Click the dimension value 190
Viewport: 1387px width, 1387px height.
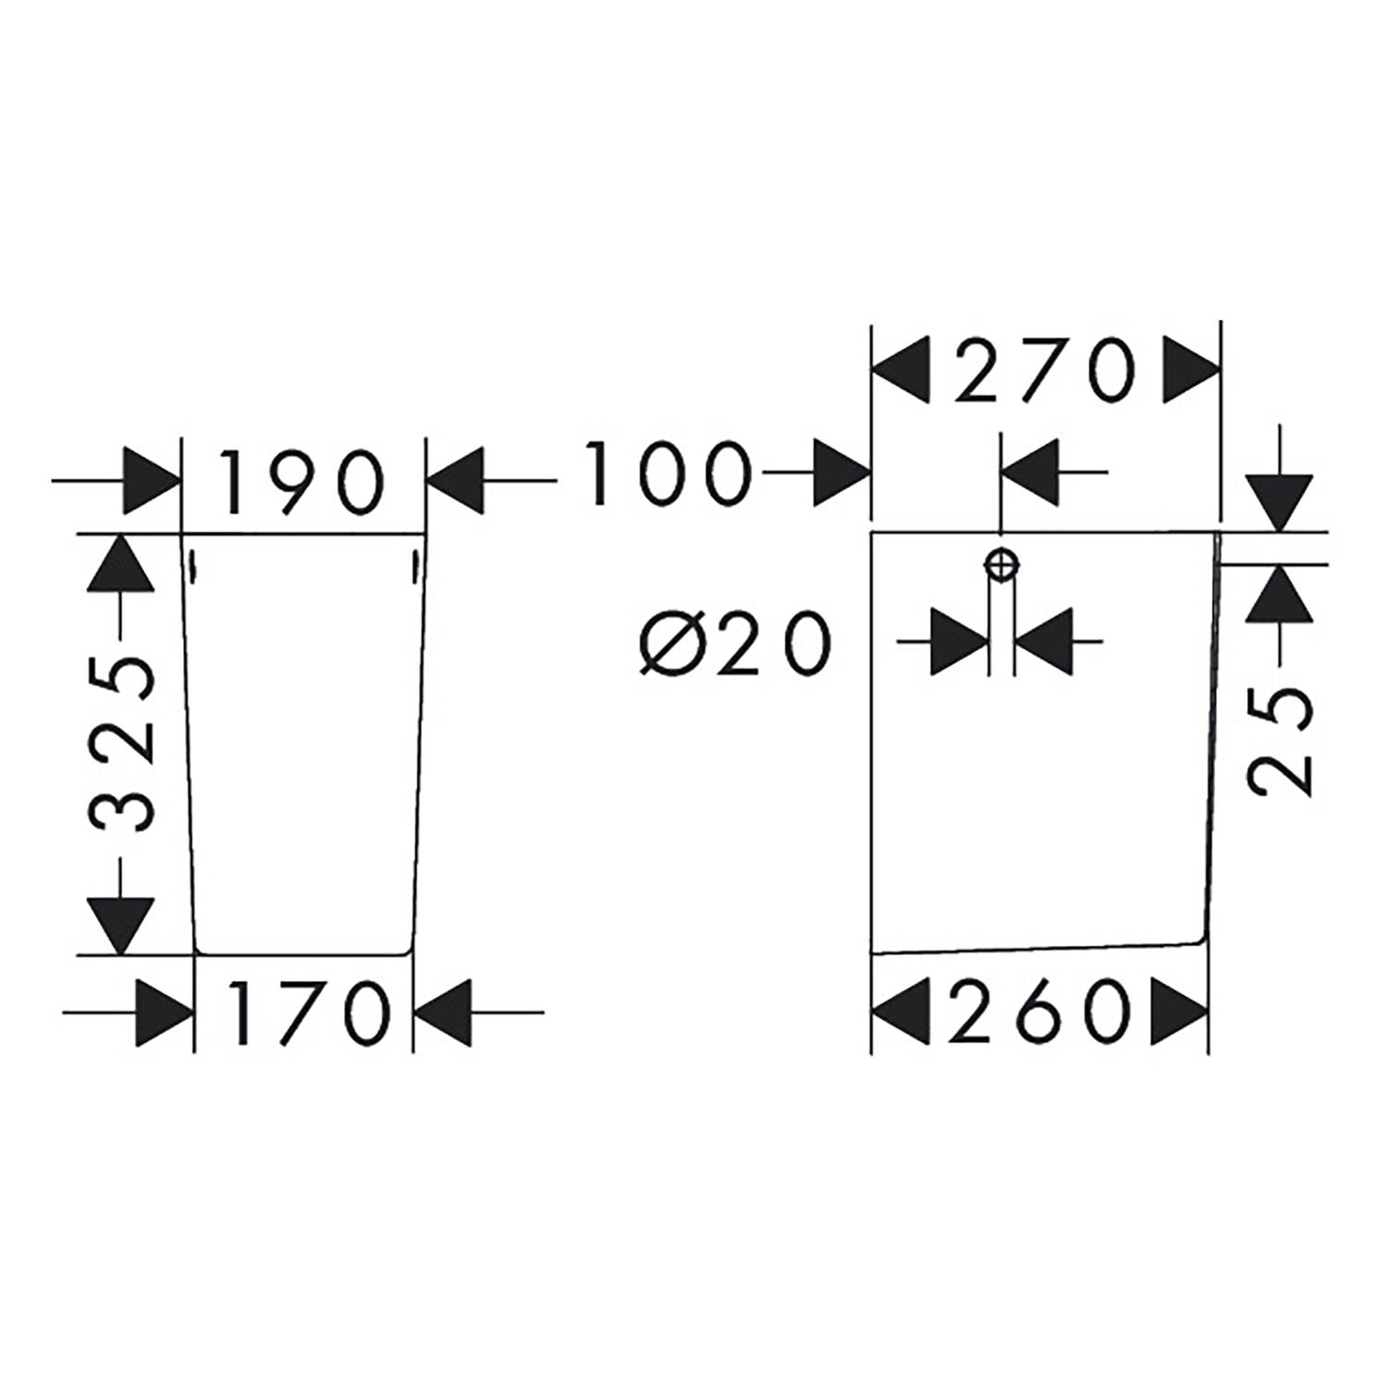click(303, 481)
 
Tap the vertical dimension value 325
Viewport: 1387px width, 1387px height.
click(121, 744)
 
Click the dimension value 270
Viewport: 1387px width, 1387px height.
click(1044, 370)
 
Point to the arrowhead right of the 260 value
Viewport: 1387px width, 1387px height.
click(1180, 1010)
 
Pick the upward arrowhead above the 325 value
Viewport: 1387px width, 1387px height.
click(120, 562)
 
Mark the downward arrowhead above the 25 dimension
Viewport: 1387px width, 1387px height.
click(1279, 505)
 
